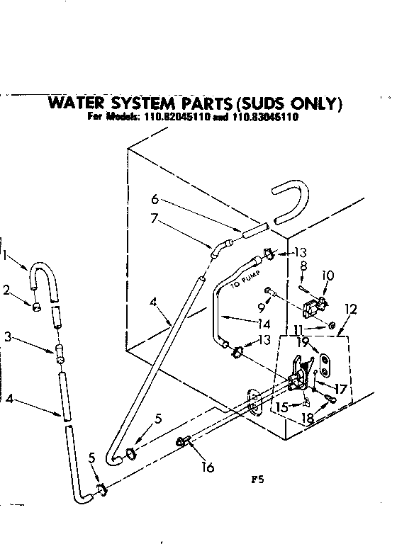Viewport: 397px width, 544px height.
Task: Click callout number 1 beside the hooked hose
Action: pyautogui.click(x=6, y=255)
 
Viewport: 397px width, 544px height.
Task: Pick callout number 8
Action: pyautogui.click(x=304, y=267)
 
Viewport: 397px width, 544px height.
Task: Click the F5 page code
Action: pyautogui.click(x=257, y=478)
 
